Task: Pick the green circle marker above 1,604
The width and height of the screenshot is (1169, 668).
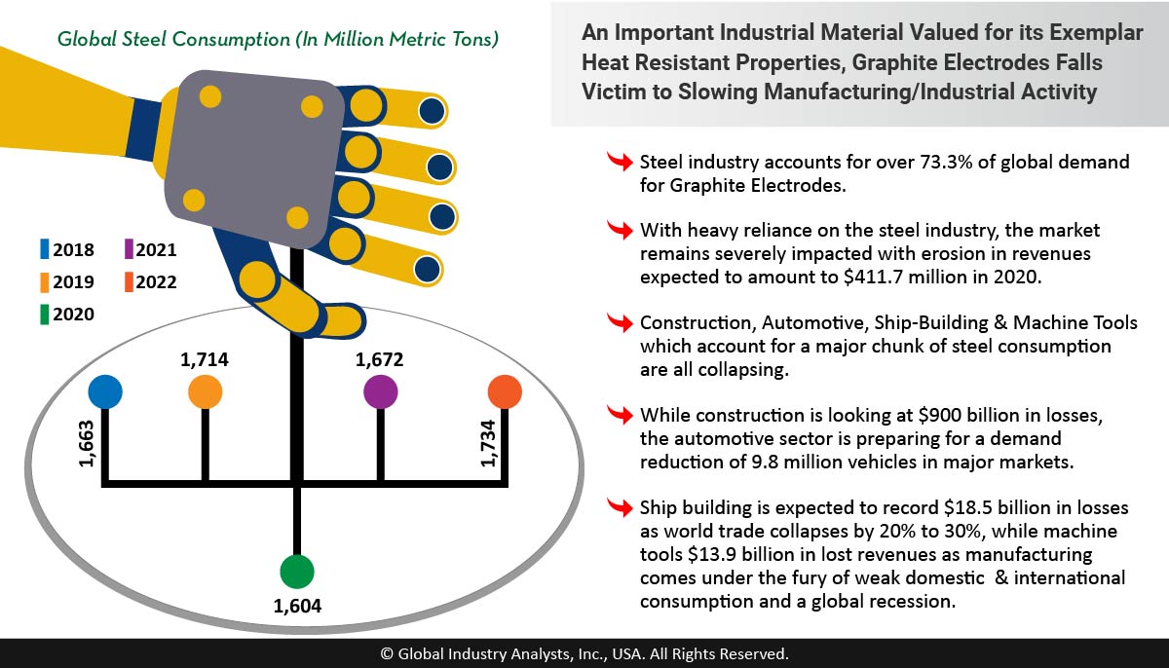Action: point(296,571)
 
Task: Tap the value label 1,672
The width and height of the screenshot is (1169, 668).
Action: point(380,359)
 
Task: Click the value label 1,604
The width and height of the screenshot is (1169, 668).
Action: point(297,607)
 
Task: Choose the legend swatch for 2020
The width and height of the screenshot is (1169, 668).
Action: point(45,314)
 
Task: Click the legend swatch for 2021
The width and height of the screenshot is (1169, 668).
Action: point(130,250)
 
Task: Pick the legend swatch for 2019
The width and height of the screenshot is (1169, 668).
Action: point(45,282)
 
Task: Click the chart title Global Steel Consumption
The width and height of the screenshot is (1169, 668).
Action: point(279,40)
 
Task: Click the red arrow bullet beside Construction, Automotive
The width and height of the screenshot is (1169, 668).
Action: point(619,323)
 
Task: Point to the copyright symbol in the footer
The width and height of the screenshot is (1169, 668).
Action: point(387,654)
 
